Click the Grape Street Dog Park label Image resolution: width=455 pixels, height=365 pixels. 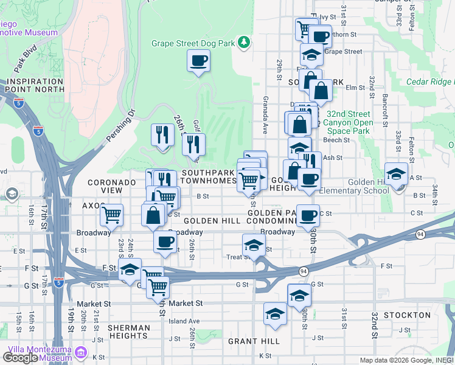click(x=193, y=43)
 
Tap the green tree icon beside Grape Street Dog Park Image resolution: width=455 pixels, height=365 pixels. click(x=244, y=41)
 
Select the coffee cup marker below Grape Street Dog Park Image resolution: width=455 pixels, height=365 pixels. click(x=198, y=61)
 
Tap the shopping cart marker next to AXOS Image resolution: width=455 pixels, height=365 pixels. click(x=111, y=215)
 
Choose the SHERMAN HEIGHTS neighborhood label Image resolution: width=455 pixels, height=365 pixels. click(x=128, y=332)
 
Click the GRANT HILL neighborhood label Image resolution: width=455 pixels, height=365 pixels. click(x=253, y=341)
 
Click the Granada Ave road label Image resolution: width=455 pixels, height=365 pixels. click(x=265, y=115)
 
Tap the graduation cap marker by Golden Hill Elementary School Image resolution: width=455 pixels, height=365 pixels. click(x=396, y=175)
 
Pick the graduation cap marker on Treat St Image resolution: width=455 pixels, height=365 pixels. click(x=254, y=245)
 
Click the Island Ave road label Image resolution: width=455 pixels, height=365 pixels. click(x=184, y=321)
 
